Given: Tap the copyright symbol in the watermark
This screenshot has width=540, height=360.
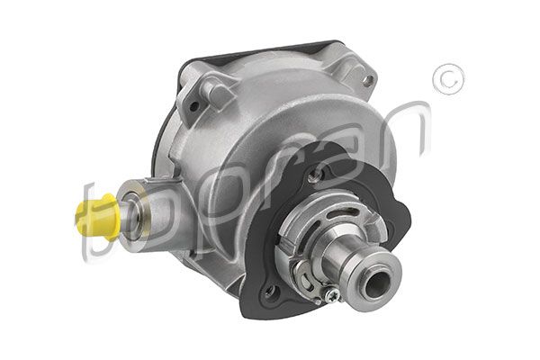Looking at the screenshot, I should (x=446, y=80).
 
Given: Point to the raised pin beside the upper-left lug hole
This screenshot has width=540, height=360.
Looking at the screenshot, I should (x=209, y=87).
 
